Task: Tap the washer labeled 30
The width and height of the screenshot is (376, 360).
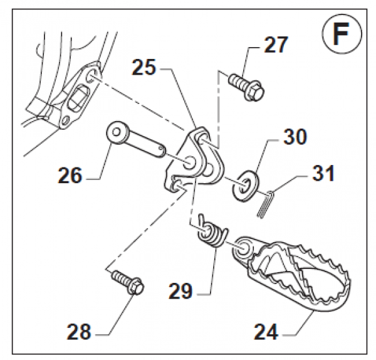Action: (245, 183)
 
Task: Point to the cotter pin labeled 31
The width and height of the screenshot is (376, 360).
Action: (266, 202)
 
